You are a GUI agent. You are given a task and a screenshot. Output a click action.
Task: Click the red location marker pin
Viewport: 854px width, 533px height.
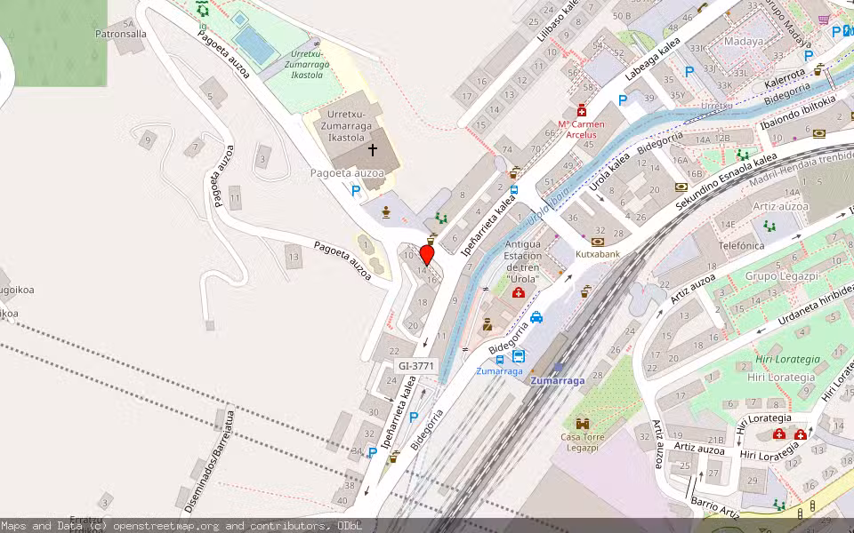click(x=427, y=255)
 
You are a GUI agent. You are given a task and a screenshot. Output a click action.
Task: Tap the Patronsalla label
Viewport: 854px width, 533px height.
click(x=120, y=35)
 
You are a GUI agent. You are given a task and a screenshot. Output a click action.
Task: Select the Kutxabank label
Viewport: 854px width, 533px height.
click(x=597, y=254)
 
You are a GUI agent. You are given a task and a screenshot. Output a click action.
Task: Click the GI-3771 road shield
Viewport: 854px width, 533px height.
click(x=416, y=365)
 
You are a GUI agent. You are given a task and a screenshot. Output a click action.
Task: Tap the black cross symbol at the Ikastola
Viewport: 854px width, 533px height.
click(x=373, y=150)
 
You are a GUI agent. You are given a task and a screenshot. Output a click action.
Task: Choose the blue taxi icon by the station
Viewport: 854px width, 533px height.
click(x=536, y=316)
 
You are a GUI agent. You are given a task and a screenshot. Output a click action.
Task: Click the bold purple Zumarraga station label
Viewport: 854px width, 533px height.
click(x=558, y=380)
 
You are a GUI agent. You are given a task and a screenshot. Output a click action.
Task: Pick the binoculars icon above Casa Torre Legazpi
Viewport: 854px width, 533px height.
click(x=583, y=423)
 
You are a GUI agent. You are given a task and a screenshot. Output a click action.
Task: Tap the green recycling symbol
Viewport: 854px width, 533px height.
click(x=203, y=9)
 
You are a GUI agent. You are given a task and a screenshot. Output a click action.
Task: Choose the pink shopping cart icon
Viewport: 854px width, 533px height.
click(x=824, y=20)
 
